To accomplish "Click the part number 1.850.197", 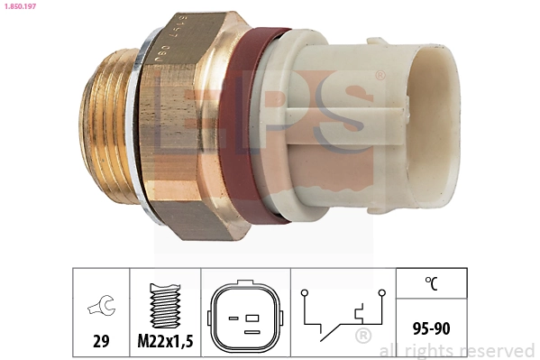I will (22, 7).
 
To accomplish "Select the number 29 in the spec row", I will (100, 342).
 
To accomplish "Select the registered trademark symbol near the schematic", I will (362, 337).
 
